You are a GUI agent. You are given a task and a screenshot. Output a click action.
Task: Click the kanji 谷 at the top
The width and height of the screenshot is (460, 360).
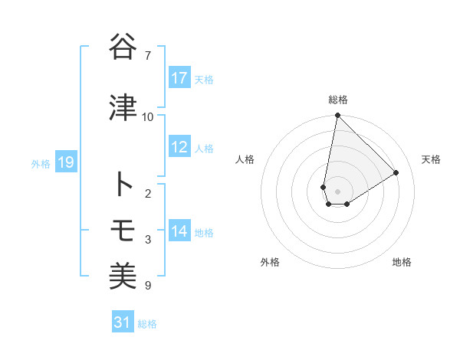123,48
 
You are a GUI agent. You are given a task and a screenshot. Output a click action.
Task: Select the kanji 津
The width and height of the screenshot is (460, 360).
123,108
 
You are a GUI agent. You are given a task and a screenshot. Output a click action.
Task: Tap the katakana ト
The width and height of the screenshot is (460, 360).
123,184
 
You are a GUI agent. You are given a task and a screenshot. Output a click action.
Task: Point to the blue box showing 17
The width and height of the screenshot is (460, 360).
179,78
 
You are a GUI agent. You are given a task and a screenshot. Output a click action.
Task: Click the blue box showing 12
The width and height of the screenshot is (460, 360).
179,147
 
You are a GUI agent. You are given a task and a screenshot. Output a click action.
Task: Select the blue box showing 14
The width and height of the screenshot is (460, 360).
179,231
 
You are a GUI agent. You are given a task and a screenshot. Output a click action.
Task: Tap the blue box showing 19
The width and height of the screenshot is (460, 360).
65,162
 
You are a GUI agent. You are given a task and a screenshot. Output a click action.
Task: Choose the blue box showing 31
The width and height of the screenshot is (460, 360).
122,322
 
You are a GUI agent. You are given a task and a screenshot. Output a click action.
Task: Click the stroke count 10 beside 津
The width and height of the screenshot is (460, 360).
148,116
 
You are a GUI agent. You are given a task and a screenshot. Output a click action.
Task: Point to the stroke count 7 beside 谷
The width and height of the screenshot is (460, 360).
148,55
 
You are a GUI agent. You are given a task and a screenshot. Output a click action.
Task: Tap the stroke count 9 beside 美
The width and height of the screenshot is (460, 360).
148,286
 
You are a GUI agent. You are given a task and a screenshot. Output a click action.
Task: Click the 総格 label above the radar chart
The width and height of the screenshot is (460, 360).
338,100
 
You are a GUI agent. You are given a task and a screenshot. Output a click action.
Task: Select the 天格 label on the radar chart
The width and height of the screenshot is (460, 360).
431,159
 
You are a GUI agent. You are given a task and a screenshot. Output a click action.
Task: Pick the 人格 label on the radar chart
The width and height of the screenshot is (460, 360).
245,159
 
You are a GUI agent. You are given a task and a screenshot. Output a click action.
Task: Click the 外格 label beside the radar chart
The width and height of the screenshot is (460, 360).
270,262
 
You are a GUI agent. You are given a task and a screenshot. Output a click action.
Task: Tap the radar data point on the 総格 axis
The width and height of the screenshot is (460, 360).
338,116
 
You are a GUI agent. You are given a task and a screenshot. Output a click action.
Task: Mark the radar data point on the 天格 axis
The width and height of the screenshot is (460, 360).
396,172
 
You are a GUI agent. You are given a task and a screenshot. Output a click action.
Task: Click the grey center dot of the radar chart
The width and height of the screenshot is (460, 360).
338,191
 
